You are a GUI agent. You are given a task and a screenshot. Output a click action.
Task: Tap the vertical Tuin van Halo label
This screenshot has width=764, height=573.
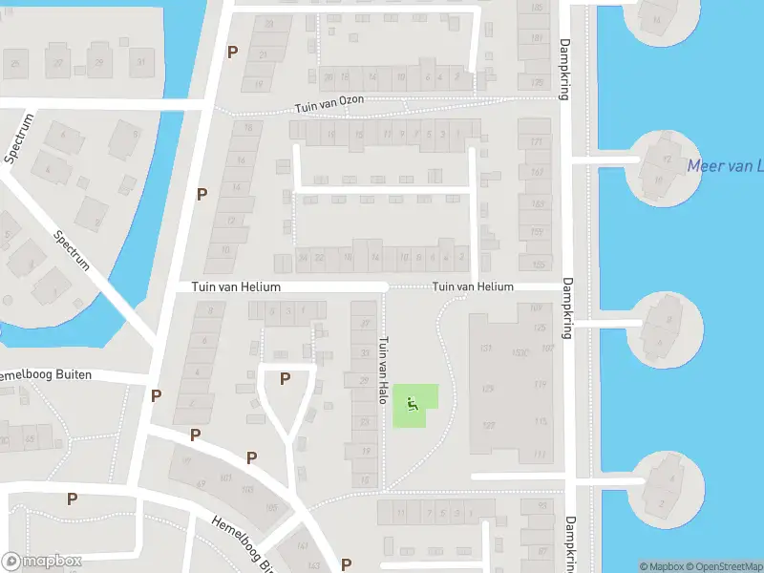click(x=384, y=370)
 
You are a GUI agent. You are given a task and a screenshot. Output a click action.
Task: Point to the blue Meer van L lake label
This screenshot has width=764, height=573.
click(x=725, y=166)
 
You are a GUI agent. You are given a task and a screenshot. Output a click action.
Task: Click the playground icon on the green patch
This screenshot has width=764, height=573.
click(x=413, y=404)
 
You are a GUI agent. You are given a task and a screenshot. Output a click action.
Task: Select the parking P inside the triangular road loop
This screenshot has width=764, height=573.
click(x=285, y=379)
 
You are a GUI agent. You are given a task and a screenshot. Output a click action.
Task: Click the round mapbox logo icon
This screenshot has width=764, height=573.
click(x=12, y=562)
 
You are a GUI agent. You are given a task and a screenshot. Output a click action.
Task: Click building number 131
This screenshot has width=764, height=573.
click(x=486, y=347)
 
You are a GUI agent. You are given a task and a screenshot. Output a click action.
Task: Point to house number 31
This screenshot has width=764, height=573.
click(x=141, y=63)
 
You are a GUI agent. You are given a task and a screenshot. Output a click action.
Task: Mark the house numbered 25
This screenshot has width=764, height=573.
click(x=14, y=64)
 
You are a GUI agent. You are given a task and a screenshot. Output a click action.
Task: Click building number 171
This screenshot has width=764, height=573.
click(x=537, y=142)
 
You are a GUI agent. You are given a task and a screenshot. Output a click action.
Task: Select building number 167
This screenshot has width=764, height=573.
click(x=537, y=172)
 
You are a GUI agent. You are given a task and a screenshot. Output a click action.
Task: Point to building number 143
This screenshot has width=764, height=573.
click(x=303, y=546)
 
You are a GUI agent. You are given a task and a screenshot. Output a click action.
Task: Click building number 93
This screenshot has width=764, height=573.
click(x=541, y=505)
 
